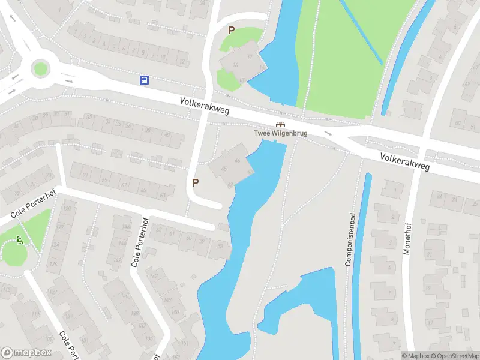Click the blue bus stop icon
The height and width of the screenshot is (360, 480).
[x=144, y=80]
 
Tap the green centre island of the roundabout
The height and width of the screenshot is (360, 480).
[x=40, y=68]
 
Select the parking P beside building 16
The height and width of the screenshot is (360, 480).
[x=230, y=30]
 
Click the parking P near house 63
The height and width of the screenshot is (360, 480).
[x=195, y=183]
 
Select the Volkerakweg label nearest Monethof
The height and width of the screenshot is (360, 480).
[x=405, y=162]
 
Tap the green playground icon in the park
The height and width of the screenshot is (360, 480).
[x=20, y=240]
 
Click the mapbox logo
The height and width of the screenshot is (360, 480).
[x=26, y=353]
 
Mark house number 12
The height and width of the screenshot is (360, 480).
[x=182, y=62]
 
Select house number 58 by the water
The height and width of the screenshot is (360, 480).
[x=221, y=247]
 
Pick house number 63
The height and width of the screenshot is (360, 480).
[x=163, y=195]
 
